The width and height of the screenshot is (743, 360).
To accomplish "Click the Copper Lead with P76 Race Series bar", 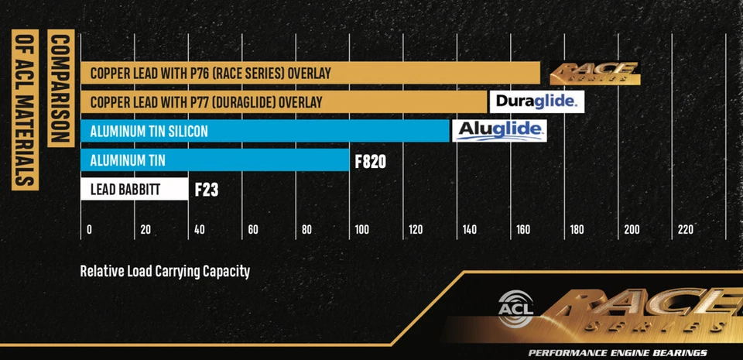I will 310,74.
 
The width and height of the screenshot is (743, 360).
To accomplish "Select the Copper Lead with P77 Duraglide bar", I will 283,102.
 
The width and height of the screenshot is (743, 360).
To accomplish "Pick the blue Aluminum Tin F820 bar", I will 214,161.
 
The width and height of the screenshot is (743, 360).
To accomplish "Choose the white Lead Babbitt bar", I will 134,189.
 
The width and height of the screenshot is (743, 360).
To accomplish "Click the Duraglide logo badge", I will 535,101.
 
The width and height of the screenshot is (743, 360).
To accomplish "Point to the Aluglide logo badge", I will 499,130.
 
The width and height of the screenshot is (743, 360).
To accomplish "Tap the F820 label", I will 370,162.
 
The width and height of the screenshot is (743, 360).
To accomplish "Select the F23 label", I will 206,190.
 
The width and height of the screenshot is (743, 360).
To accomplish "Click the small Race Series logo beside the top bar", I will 594,74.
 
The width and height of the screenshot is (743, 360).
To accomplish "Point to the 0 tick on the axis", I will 89,230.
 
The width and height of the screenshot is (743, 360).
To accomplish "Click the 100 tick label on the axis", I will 361,230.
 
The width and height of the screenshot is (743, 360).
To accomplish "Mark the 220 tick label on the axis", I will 685,230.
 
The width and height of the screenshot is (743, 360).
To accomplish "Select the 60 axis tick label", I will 252,230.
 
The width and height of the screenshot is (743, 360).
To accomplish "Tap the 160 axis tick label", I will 522,230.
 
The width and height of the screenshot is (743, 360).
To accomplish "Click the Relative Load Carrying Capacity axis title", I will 165,272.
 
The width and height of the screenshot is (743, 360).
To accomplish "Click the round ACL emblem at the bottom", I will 513,305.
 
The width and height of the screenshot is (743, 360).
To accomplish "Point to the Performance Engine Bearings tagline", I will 617,353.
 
